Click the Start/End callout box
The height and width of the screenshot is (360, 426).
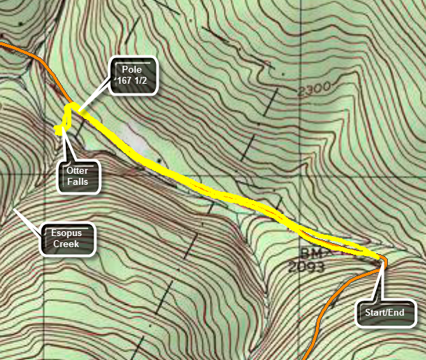tap(384, 312)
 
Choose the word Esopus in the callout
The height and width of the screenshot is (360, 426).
tap(66, 233)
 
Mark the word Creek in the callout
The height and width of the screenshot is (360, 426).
tap(66, 244)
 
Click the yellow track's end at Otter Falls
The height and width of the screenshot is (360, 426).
tap(59, 130)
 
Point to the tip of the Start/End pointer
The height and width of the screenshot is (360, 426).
tap(382, 260)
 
